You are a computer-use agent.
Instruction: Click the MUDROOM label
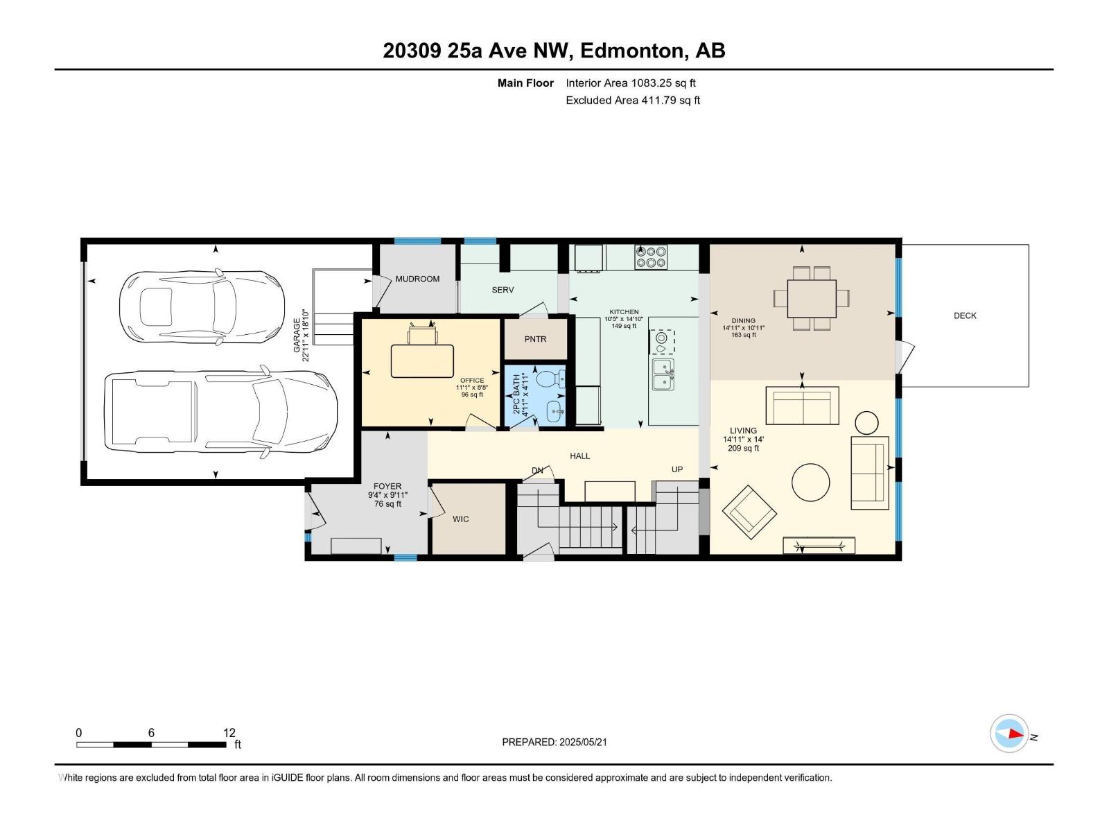[417, 279]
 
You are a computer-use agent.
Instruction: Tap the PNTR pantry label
[535, 340]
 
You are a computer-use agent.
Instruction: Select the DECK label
[965, 315]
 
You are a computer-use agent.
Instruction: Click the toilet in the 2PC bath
[550, 379]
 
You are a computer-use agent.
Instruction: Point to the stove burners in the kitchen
[651, 257]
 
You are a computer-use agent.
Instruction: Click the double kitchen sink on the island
[663, 374]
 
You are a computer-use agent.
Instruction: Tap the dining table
[812, 298]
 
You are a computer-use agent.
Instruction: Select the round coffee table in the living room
[810, 483]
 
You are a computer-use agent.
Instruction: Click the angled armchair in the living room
[749, 512]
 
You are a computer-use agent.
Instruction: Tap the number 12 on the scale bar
[229, 733]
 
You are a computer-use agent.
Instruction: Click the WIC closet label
[460, 519]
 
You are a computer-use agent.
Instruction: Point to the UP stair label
[677, 469]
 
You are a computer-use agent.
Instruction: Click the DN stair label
[537, 470]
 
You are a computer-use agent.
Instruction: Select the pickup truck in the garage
[221, 411]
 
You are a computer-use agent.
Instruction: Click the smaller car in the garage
[202, 307]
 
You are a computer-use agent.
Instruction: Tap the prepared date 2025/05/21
[582, 742]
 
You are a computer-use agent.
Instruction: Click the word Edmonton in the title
[632, 51]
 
